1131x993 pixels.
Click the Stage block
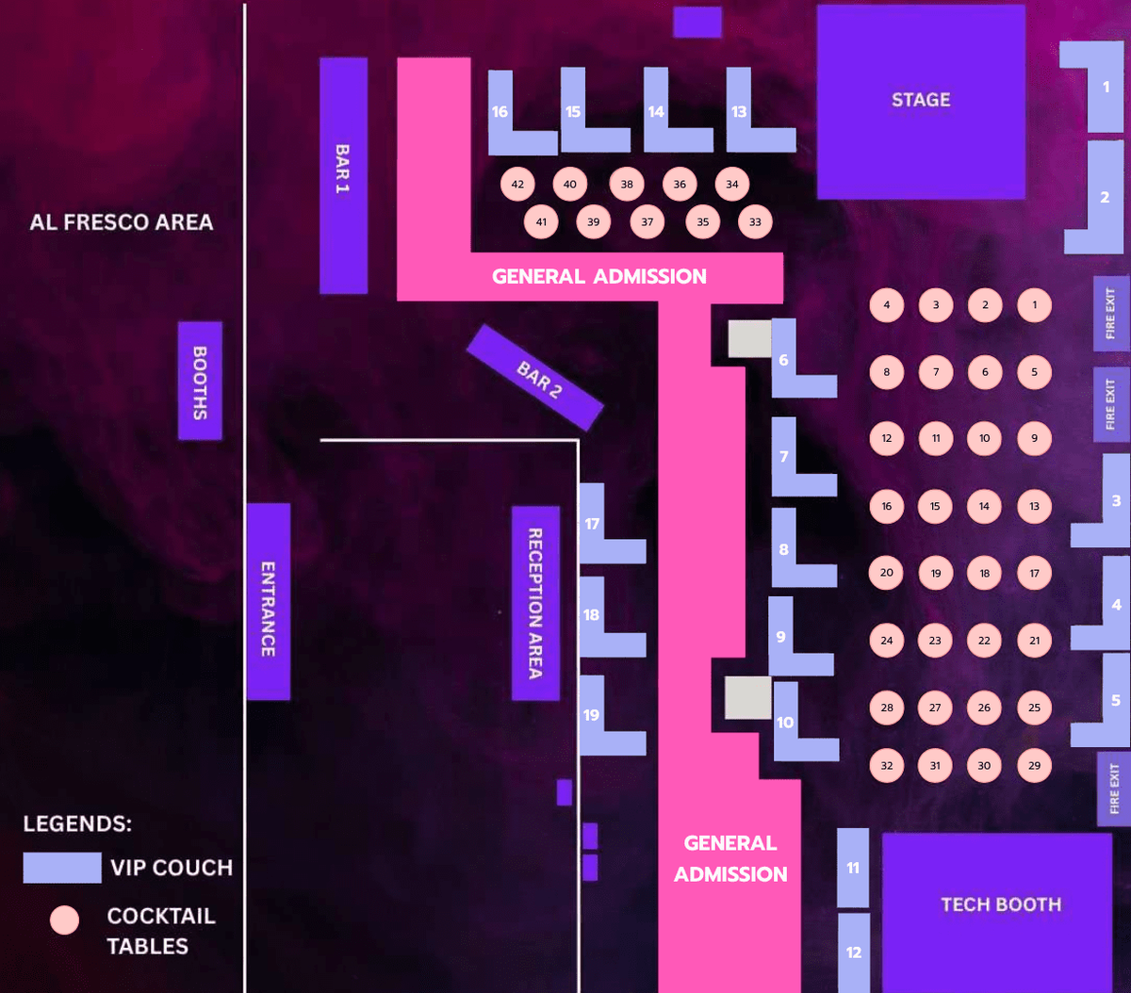point(920,101)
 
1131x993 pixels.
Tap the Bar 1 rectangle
point(343,175)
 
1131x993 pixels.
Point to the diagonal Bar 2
point(534,377)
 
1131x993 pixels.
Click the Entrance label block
point(268,601)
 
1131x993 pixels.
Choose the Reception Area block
point(535,603)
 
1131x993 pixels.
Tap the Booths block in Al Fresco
point(200,381)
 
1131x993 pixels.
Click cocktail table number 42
point(517,185)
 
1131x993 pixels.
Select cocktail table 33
point(755,222)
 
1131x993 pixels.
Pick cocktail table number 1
point(1034,305)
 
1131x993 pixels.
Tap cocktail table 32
point(886,765)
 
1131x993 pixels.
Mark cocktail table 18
point(984,573)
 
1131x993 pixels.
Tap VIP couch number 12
point(853,952)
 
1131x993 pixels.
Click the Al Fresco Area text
point(122,222)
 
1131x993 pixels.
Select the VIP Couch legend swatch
point(62,868)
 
